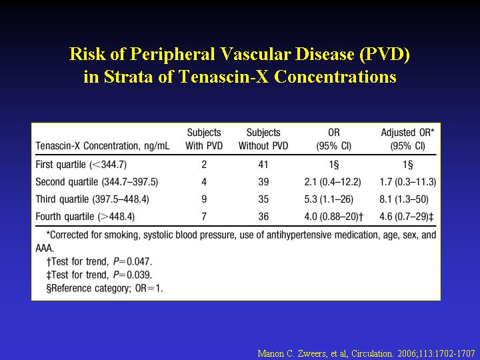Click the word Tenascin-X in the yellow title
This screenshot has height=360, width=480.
coord(223,76)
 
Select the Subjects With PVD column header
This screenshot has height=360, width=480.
coord(204,139)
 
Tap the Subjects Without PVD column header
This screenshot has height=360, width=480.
coord(263,139)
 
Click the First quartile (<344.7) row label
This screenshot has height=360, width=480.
coord(81,165)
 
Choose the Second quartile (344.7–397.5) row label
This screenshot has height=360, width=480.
coord(97,182)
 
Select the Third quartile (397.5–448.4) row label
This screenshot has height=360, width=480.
coord(92,199)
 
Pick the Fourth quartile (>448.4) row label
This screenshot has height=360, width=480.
coord(85,217)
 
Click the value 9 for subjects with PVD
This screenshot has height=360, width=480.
coord(204,199)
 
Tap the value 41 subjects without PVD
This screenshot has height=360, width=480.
coord(263,165)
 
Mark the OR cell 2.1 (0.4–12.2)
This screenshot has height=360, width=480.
coord(333,182)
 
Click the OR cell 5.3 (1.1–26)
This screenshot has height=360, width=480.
coord(329,199)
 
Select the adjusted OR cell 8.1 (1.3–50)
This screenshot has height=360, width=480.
coord(404,199)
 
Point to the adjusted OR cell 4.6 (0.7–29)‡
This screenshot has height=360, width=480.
coord(407,217)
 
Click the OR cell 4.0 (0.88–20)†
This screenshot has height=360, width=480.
coord(334,217)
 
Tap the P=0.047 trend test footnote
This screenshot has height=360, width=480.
coord(99,262)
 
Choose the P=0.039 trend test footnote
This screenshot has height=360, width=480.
coord(99,275)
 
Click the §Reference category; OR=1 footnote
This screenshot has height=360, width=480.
coord(105,289)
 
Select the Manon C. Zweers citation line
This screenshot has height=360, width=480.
coord(367,353)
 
